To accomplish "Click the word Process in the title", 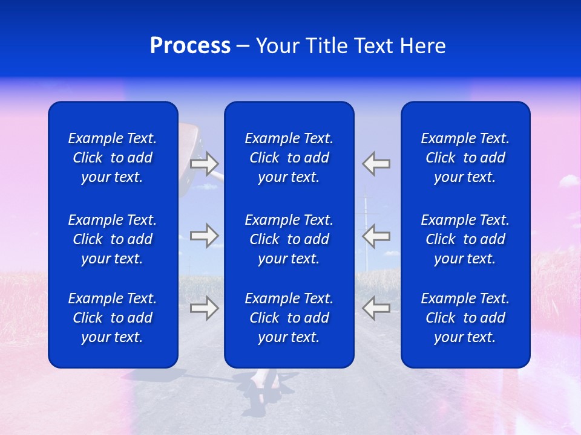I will tap(190, 46).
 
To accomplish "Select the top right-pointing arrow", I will tap(205, 163).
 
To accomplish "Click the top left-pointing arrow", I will tap(376, 163).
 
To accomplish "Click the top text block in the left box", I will tap(113, 158).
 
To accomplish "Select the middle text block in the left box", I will tap(113, 239).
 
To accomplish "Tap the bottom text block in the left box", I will tap(113, 318).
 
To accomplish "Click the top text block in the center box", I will tap(289, 158).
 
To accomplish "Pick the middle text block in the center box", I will tap(289, 239).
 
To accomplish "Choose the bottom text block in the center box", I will tap(289, 318).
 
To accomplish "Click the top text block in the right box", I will tap(465, 158).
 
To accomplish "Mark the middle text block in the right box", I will tap(465, 239).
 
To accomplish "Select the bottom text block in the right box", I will tap(465, 318).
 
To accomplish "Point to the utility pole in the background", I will tap(366, 211).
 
